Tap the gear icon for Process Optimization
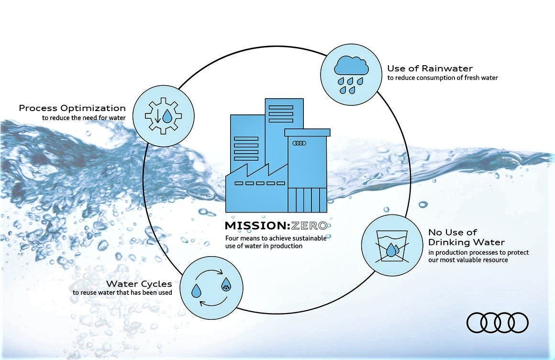[163, 116]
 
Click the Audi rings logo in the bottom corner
[497, 323]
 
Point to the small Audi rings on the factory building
[300, 143]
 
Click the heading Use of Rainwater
[430, 68]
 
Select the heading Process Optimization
[72, 108]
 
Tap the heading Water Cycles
[139, 284]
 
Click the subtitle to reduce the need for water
[84, 118]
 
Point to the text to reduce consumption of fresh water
[443, 78]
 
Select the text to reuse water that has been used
[122, 292]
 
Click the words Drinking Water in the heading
[466, 242]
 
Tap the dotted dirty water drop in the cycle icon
[226, 284]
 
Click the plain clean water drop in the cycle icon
[196, 291]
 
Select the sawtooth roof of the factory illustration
[256, 170]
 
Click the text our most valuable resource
[468, 260]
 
